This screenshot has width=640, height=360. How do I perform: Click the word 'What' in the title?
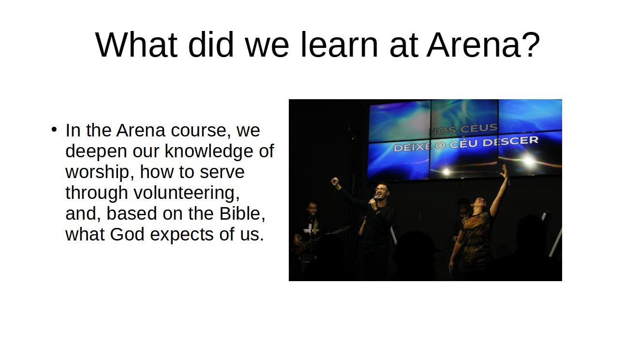tap(136, 45)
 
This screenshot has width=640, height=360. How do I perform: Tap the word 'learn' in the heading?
tap(340, 45)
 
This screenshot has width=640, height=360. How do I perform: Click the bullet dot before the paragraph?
tap(54, 129)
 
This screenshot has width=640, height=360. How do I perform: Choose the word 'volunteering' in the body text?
tap(186, 193)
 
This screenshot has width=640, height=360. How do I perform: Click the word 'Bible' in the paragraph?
tap(242, 213)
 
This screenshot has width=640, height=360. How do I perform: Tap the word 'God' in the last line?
tap(127, 234)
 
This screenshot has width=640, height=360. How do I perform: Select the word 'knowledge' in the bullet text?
tap(209, 151)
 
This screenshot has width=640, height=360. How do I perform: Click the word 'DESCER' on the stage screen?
tap(510, 141)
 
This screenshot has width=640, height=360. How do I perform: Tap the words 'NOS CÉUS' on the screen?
tap(463, 129)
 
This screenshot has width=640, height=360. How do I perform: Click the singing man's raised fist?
tap(335, 181)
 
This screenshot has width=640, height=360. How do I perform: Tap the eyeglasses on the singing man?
tap(382, 190)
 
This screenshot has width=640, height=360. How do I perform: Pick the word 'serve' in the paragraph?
tap(223, 173)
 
